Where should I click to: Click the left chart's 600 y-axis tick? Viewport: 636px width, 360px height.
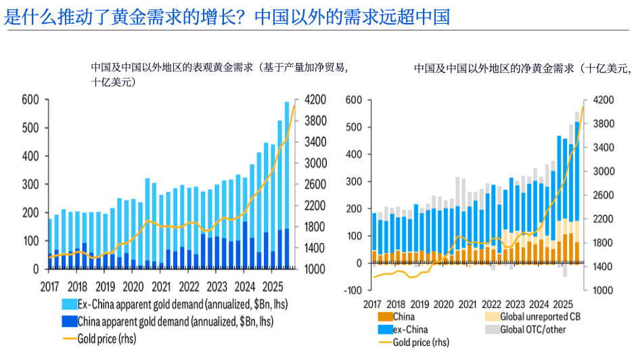tap(31, 100)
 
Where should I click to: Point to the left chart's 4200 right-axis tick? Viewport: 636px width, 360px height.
tap(317, 100)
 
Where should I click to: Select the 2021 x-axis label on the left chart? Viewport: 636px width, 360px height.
tap(161, 286)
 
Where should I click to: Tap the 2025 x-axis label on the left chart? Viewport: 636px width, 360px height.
tap(273, 286)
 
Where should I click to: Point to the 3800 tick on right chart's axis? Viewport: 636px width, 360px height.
tap(604, 124)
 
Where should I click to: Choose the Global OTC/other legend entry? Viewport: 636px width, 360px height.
tap(532, 330)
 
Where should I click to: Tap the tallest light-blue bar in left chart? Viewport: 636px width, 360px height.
tap(287, 165)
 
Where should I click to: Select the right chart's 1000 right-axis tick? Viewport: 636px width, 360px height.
tap(604, 290)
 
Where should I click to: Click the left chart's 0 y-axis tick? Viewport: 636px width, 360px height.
tap(37, 269)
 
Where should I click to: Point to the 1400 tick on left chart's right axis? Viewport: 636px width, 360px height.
tap(317, 248)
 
